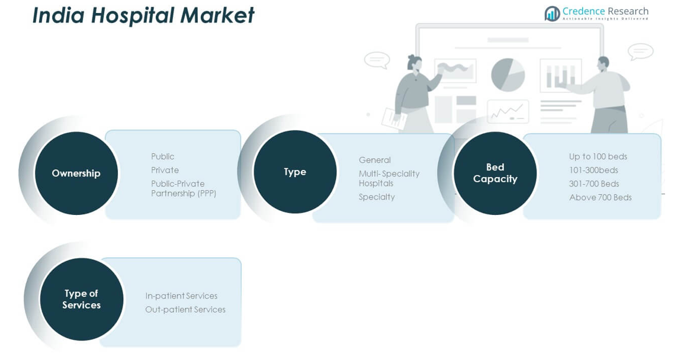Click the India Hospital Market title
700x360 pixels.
point(143,15)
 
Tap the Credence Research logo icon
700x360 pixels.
point(552,14)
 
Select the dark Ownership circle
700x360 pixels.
point(76,173)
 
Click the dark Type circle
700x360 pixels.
point(295,172)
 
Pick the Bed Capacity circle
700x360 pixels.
point(495,173)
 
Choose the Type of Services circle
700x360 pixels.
point(82,300)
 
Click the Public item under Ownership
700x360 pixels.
point(163,157)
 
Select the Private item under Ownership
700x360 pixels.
point(165,171)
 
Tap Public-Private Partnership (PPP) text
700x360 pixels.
point(184,189)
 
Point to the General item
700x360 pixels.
point(375,160)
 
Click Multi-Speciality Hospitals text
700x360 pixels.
point(389,178)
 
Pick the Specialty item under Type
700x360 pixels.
point(377,197)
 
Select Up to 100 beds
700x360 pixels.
point(598,157)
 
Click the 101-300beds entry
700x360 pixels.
point(593,171)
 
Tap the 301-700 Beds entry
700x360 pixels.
point(594,184)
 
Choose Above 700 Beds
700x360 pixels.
point(601,198)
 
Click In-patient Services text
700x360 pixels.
point(181,296)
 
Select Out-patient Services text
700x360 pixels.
point(185,310)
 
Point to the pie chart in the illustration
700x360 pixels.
point(508,75)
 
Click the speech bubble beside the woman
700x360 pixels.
point(377,60)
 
